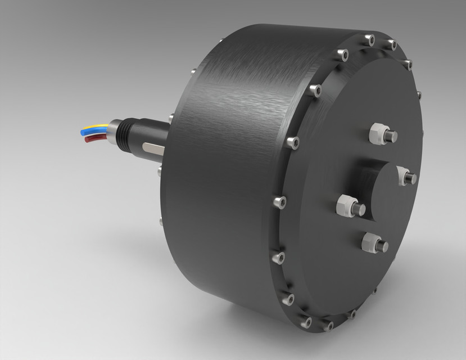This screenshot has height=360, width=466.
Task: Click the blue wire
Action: tap(93, 131)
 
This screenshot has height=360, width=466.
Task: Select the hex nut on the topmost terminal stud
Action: tap(377, 134)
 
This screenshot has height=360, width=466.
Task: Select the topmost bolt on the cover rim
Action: tap(369, 40)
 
